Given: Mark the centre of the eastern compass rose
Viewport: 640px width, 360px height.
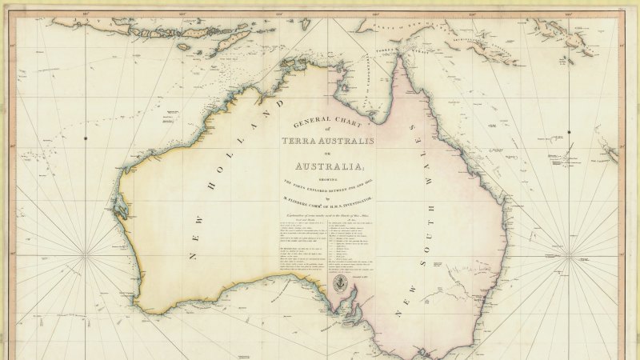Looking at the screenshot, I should tap(570, 257).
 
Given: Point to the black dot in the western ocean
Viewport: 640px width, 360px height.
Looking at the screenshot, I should tap(86, 138).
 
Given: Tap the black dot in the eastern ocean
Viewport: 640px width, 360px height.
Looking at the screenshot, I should tap(569, 132).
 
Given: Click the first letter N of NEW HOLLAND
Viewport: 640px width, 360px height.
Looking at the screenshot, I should tap(191, 256).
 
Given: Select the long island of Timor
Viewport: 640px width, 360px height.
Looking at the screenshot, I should tap(226, 35).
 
